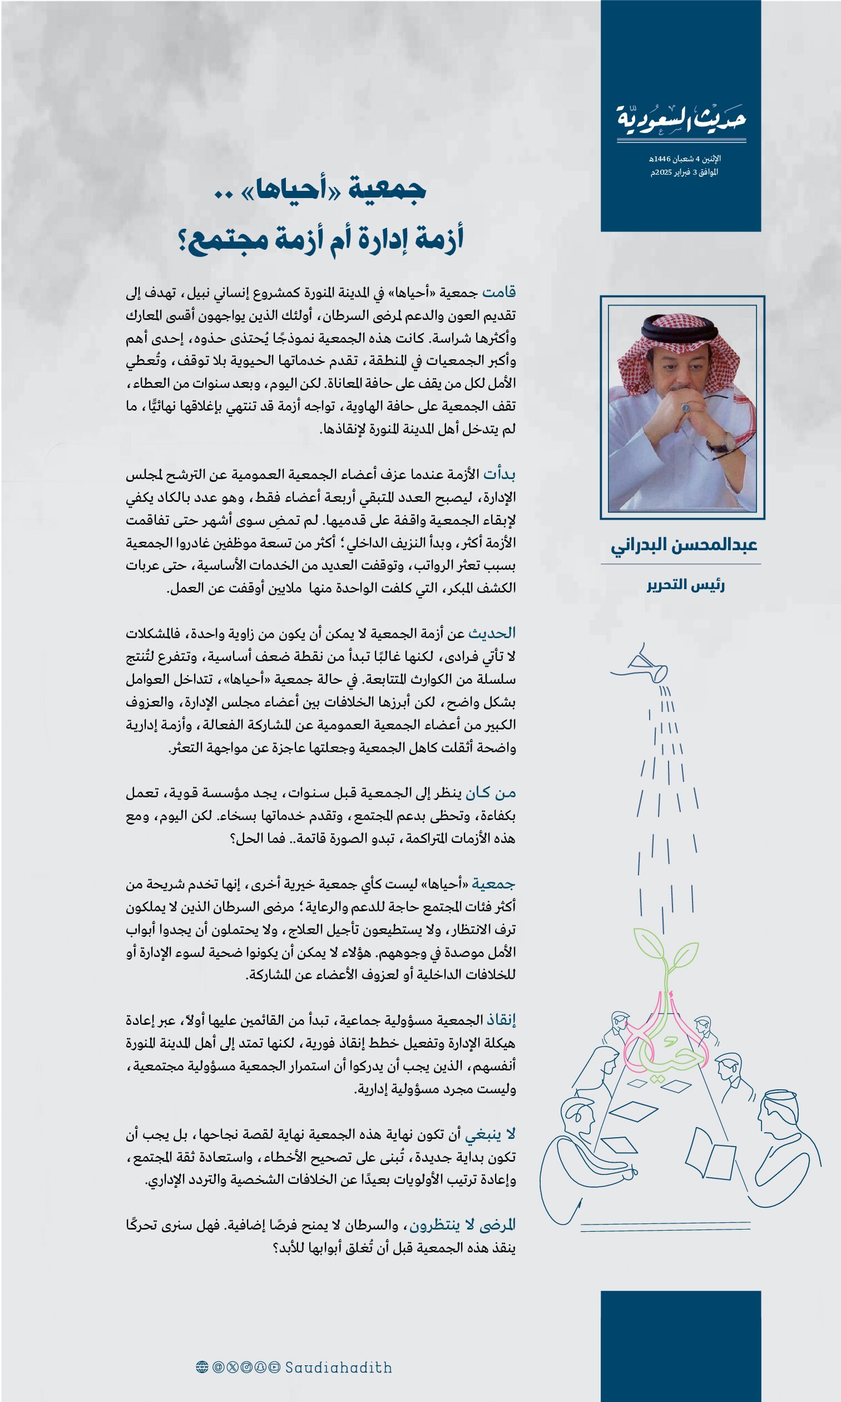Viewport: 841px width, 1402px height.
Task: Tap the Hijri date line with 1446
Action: [x=685, y=159]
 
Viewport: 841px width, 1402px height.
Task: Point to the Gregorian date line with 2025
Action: [x=684, y=172]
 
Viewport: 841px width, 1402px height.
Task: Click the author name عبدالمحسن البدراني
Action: [x=684, y=545]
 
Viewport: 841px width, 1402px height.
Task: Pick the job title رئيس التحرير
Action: [x=686, y=585]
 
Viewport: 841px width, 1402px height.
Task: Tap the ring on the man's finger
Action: [x=686, y=407]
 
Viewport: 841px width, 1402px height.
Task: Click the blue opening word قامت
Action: [x=499, y=292]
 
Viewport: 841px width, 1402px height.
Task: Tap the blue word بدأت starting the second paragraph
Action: [x=499, y=474]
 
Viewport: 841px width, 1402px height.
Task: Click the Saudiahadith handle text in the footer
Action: [x=338, y=1367]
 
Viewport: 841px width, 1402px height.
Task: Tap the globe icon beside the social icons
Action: [x=202, y=1367]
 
